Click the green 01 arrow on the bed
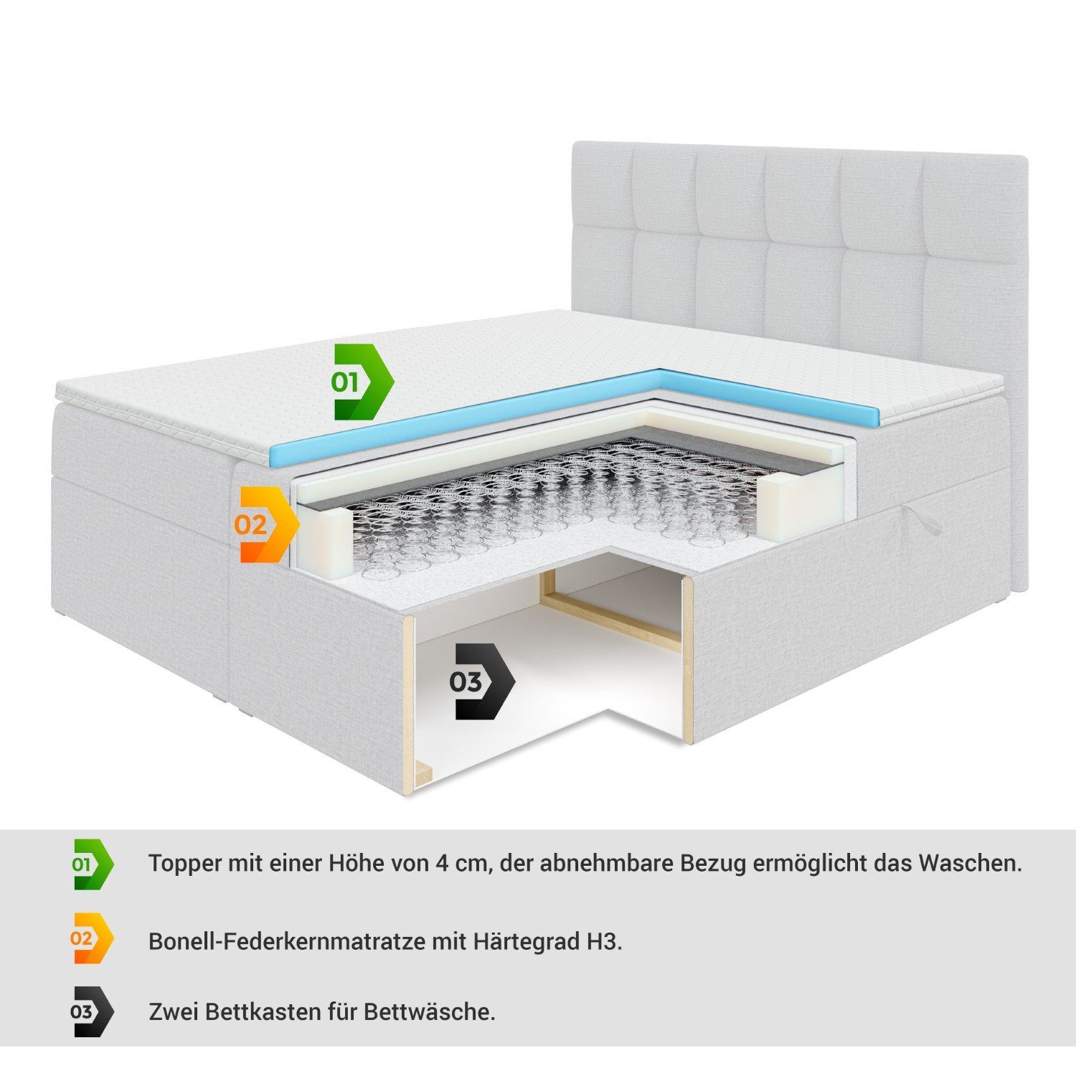tap(362, 382)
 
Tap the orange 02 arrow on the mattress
tap(265, 525)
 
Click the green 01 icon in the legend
tap(93, 864)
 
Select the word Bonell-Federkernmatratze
tap(287, 940)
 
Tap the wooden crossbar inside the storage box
tap(610, 625)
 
